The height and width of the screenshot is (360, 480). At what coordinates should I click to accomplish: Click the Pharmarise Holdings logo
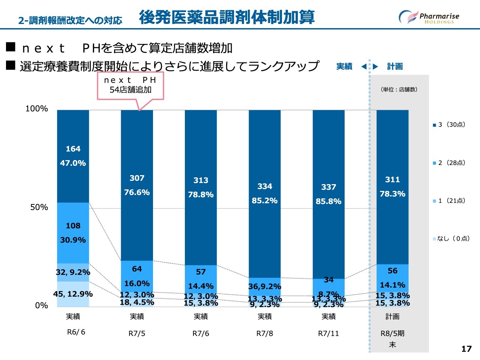[x=429, y=17]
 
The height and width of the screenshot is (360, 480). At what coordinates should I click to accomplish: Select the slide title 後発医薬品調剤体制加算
[x=226, y=17]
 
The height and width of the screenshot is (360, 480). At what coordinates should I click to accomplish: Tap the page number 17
[x=466, y=349]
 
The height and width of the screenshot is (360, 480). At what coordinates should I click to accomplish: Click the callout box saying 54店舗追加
[x=130, y=85]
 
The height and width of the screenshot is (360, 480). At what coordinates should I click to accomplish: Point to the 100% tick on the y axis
[x=37, y=109]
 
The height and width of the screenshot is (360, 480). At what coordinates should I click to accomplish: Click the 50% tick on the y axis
[x=39, y=207]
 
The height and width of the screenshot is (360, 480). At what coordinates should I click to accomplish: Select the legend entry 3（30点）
[x=449, y=124]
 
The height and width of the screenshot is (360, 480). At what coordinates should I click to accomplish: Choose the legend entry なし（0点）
[x=451, y=238]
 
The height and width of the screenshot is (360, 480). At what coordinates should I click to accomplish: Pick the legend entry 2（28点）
[x=449, y=163]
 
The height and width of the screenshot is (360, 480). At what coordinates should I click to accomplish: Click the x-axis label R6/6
[x=76, y=332]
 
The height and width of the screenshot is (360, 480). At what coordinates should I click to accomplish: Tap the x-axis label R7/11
[x=328, y=333]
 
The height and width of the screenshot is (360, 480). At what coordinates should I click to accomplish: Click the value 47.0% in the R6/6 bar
[x=73, y=163]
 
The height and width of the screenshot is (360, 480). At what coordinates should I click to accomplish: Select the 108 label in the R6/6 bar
[x=73, y=226]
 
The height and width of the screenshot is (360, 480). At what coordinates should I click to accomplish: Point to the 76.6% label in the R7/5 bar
[x=137, y=192]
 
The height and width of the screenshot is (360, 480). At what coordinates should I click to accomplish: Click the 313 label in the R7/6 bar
[x=201, y=180]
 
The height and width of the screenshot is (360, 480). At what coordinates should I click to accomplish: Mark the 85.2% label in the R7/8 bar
[x=265, y=201]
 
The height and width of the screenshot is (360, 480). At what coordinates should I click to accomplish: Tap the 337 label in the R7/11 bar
[x=328, y=187]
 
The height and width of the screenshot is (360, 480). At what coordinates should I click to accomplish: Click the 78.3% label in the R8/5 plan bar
[x=393, y=194]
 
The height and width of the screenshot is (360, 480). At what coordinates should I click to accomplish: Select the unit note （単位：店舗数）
[x=399, y=90]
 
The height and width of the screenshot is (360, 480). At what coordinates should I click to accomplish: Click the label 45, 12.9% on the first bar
[x=73, y=294]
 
